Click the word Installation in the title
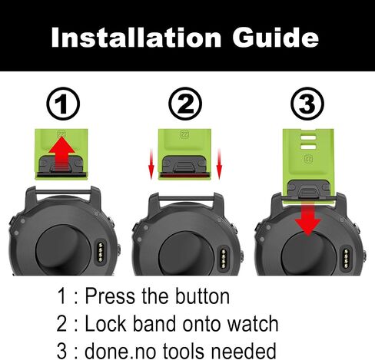tap(136, 38)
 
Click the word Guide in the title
tap(275, 37)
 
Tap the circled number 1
tap(63, 104)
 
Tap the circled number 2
tap(185, 104)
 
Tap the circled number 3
tap(307, 104)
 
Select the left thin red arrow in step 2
tap(151, 163)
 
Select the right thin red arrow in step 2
tap(219, 163)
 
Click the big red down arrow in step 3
tap(308, 217)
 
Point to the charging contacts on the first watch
tap(101, 253)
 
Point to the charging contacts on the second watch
tap(224, 259)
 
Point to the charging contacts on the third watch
tap(347, 259)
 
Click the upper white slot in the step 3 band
tap(308, 137)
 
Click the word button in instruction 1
tap(202, 296)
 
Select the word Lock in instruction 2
tap(105, 324)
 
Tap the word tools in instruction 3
tap(184, 351)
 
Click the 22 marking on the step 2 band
tap(184, 134)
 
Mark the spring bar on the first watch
tap(63, 192)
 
